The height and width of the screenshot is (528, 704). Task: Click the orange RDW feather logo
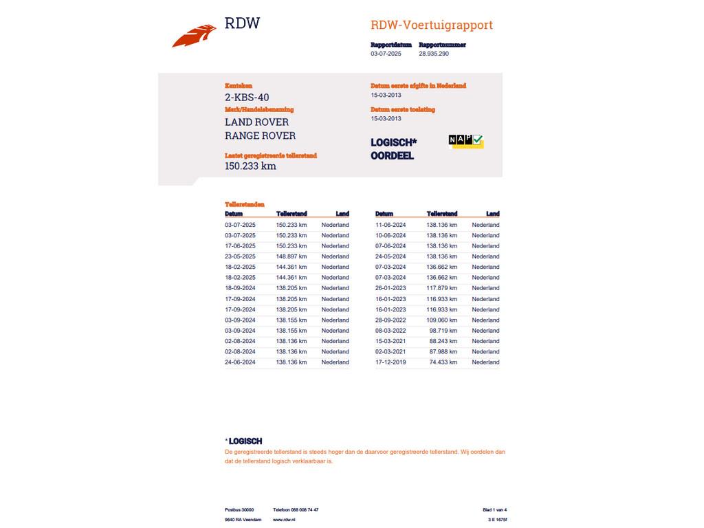click(x=194, y=35)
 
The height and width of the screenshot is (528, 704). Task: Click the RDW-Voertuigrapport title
click(x=431, y=25)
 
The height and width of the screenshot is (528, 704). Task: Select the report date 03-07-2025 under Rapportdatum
click(x=386, y=54)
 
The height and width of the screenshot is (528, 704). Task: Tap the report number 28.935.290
click(x=433, y=54)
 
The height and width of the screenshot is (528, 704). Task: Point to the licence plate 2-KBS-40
click(x=247, y=98)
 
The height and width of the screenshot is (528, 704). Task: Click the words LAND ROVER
click(x=256, y=122)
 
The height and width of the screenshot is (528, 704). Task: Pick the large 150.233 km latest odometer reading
click(x=250, y=166)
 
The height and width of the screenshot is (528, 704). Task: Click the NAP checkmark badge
click(x=466, y=140)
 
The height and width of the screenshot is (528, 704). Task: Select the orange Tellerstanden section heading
click(x=244, y=204)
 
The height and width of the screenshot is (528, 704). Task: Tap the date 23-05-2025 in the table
click(x=240, y=256)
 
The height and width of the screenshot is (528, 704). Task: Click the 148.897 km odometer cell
click(x=291, y=256)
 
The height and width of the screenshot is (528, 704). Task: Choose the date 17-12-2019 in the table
click(x=390, y=362)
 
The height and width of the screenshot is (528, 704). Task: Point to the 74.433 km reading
click(x=443, y=362)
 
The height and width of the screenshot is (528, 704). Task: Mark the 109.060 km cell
click(x=441, y=320)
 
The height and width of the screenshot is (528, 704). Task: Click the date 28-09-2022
click(x=390, y=320)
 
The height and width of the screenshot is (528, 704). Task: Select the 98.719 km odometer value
click(x=443, y=331)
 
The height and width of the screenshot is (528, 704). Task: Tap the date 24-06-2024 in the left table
click(x=240, y=362)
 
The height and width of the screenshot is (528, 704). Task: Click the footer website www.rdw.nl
click(x=284, y=520)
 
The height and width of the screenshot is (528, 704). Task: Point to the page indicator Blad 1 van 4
click(x=494, y=510)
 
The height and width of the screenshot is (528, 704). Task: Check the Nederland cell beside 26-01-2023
click(x=485, y=288)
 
